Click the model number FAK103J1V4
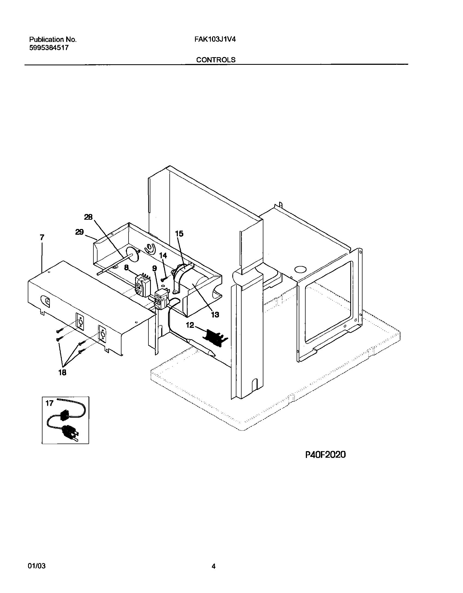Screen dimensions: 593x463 (215, 39)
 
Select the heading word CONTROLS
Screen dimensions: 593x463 (216, 60)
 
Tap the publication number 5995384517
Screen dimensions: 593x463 (49, 48)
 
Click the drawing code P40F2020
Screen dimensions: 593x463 (325, 455)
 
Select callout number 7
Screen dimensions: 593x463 (42, 237)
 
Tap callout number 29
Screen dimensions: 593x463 (79, 233)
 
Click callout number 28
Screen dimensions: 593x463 (88, 217)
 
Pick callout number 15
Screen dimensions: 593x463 (179, 234)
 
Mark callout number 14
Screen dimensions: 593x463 (163, 255)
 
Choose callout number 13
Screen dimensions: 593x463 (215, 315)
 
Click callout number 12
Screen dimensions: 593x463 (190, 325)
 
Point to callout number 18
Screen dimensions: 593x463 (62, 373)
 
